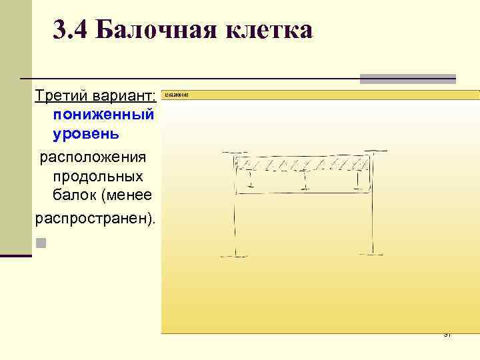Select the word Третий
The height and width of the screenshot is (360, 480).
(59, 97)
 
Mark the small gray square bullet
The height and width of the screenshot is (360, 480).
(41, 242)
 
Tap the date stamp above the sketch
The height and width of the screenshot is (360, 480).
(177, 95)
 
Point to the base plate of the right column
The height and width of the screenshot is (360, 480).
(371, 253)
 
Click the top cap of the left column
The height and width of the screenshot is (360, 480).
(235, 155)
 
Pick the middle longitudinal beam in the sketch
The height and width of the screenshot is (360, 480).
(303, 179)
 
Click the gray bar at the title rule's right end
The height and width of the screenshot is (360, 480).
(407, 79)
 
